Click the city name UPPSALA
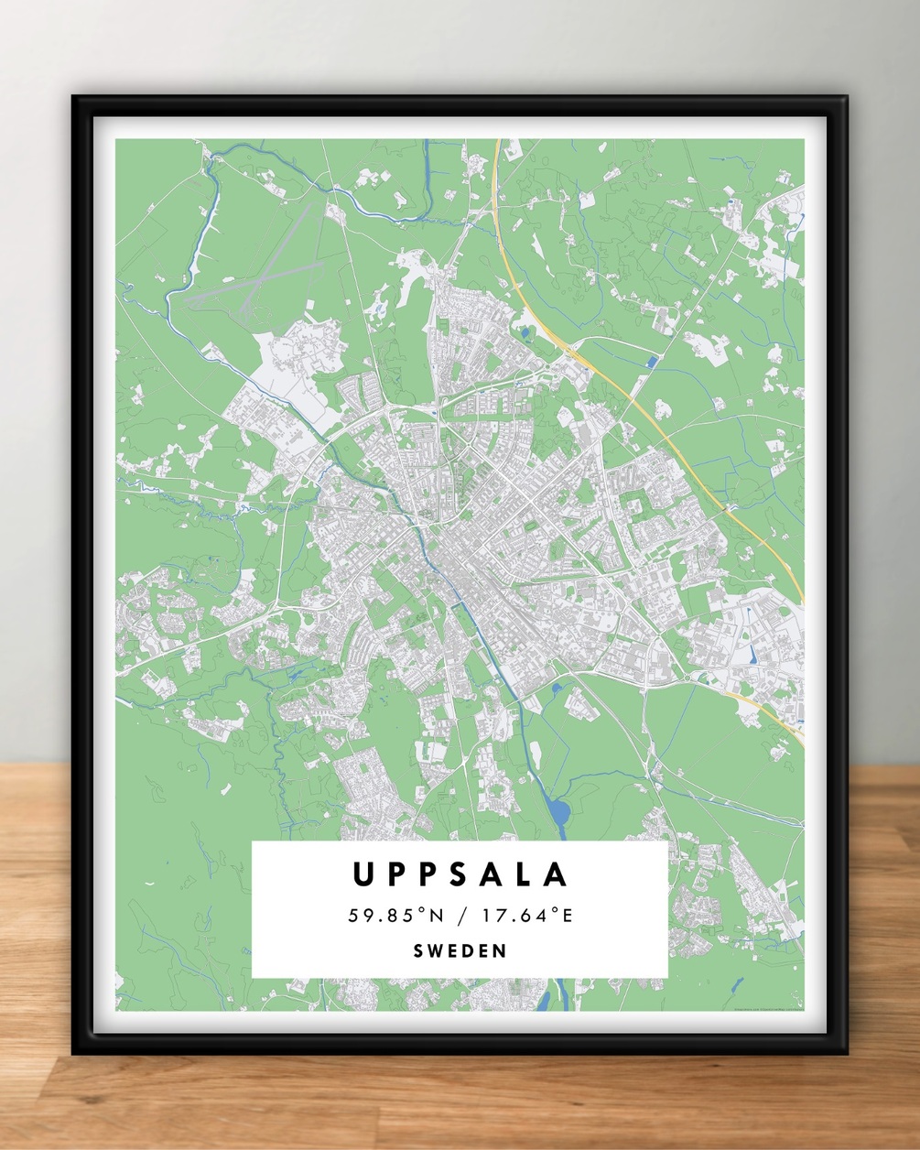[460, 874]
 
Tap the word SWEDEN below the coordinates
[460, 950]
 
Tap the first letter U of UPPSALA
[363, 874]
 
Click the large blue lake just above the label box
[557, 810]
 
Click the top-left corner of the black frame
[75, 98]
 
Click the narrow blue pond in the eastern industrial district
[752, 654]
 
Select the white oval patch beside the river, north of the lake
[536, 756]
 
